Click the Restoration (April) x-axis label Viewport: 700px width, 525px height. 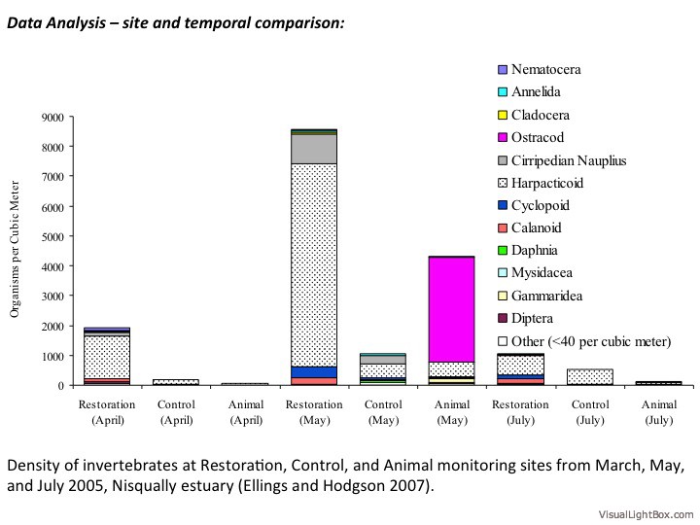point(107,411)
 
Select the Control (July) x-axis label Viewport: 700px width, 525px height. point(589,411)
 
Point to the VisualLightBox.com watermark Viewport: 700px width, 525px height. point(645,512)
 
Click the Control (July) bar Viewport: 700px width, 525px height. point(589,376)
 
